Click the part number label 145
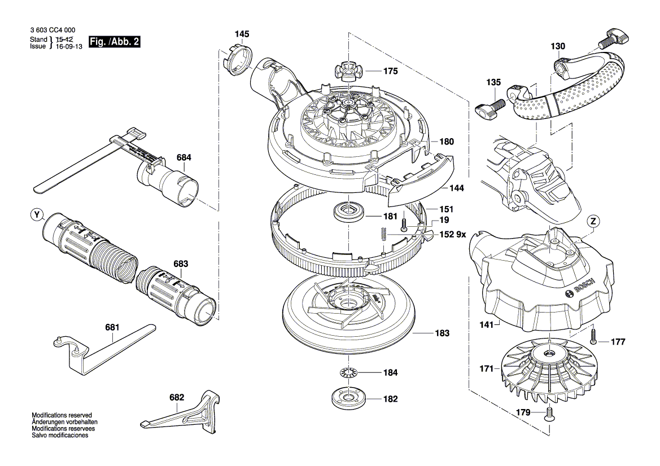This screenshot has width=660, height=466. (242, 34)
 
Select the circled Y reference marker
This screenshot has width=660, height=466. (37, 214)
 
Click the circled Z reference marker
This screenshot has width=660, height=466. (593, 221)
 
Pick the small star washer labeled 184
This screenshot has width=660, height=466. (350, 372)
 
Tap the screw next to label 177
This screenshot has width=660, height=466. (594, 336)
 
